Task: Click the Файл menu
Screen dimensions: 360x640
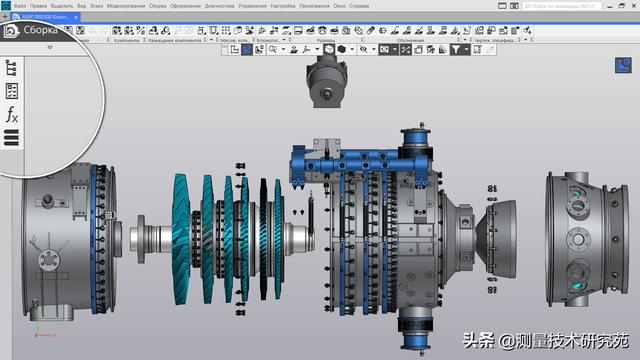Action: pyautogui.click(x=20, y=5)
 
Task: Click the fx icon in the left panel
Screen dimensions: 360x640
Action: pyautogui.click(x=12, y=115)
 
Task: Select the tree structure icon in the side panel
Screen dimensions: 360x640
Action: pyautogui.click(x=12, y=68)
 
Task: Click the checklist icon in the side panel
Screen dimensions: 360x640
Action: pyautogui.click(x=12, y=91)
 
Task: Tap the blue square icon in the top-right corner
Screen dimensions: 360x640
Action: pyautogui.click(x=621, y=67)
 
